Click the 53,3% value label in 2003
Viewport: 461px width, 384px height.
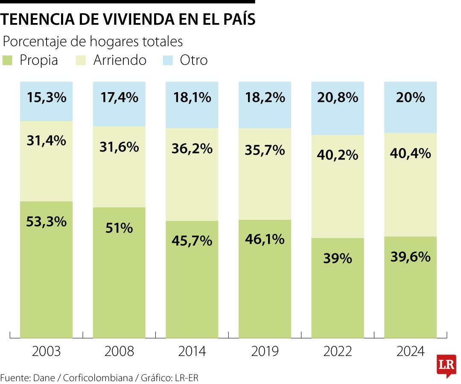[46, 222]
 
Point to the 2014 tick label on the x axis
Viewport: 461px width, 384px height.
[192, 351]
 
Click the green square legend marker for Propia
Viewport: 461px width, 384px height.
[7, 60]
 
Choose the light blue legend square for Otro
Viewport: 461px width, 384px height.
[168, 60]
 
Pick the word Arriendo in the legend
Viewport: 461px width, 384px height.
[120, 60]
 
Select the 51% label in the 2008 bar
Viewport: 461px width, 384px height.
[120, 228]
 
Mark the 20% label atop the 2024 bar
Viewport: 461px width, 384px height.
[410, 98]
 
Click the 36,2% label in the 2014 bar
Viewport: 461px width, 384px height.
[192, 148]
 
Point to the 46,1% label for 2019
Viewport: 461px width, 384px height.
[265, 239]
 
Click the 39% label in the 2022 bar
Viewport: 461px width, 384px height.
[337, 258]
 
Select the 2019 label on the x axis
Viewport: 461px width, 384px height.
[265, 351]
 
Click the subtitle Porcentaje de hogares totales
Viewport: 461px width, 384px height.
[93, 41]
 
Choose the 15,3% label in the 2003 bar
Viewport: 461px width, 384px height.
[46, 98]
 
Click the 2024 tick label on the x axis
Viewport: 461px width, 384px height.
[410, 351]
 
